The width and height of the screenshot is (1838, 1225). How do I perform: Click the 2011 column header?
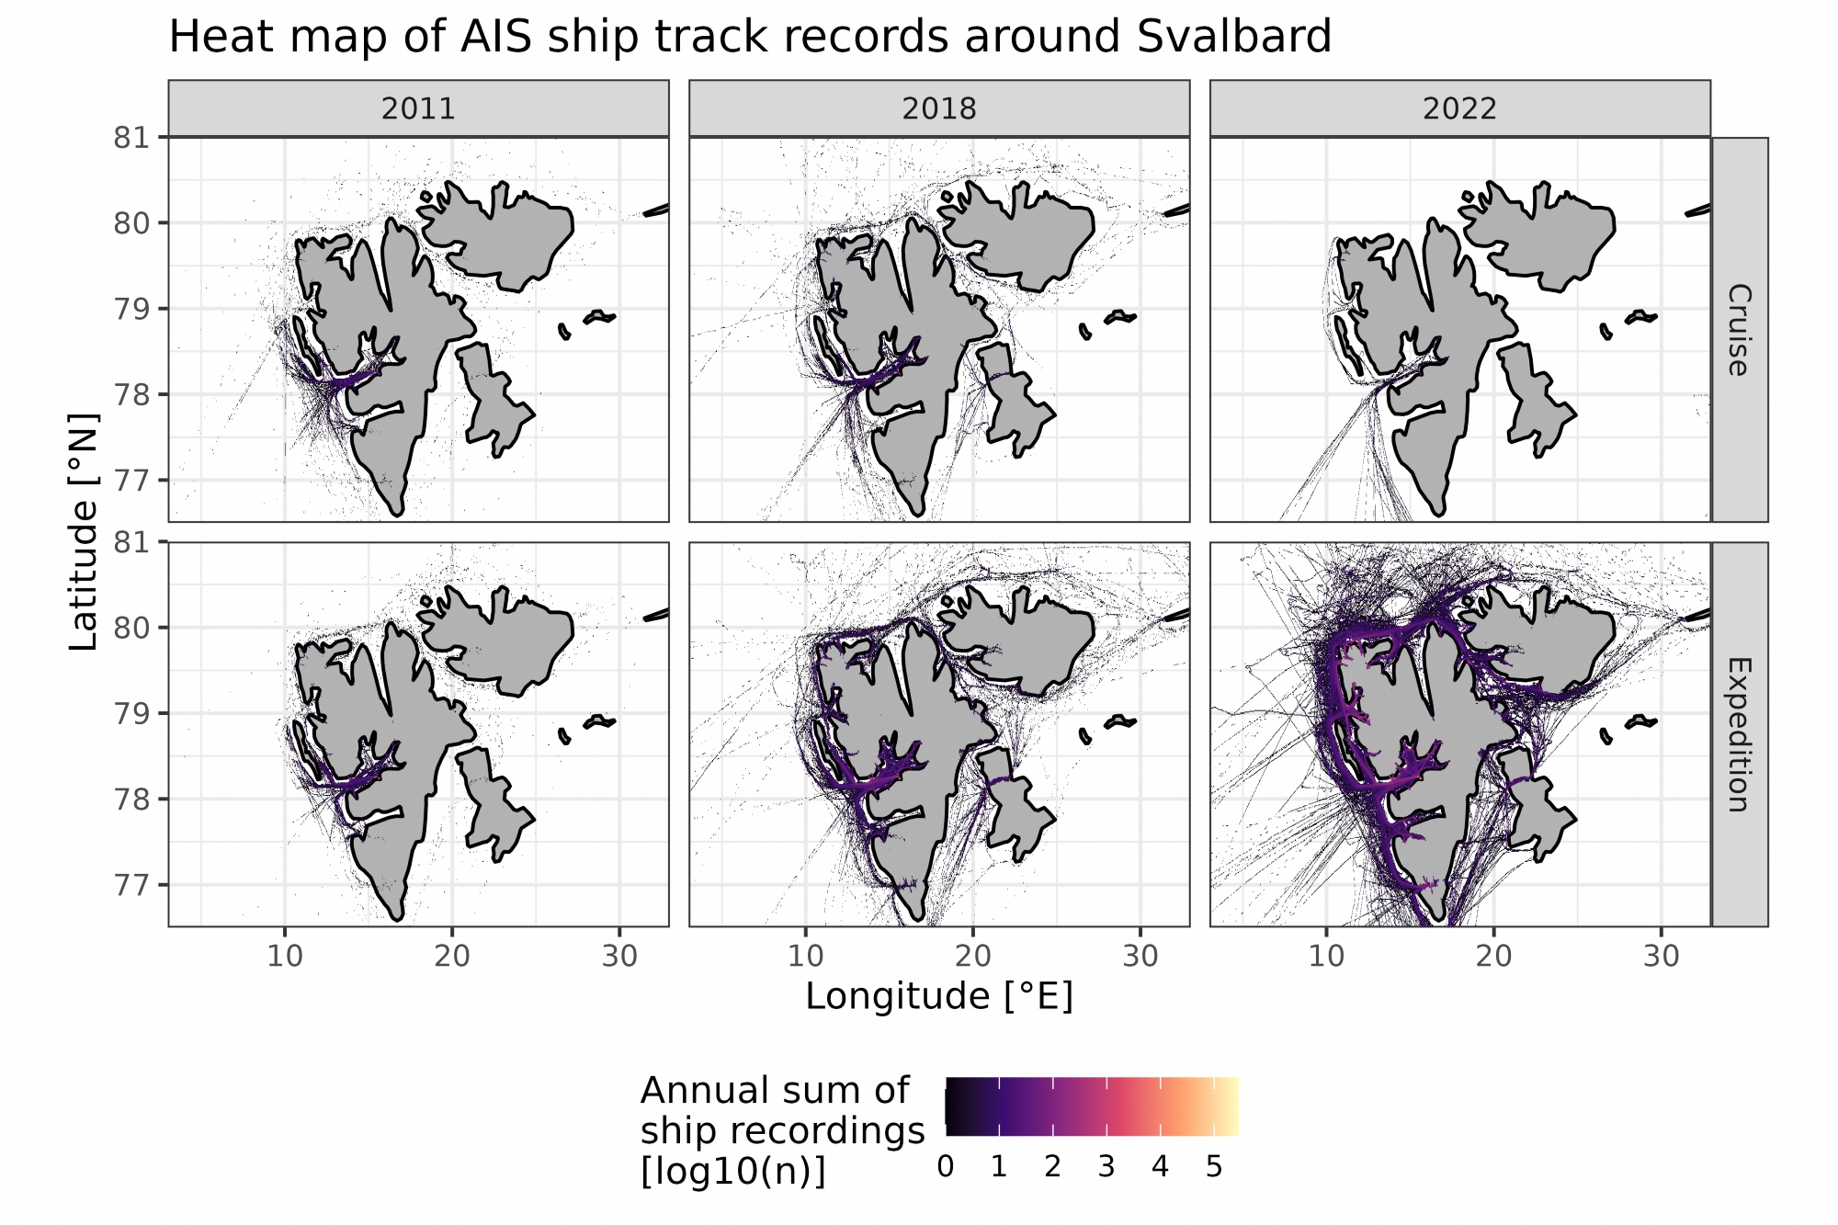pyautogui.click(x=418, y=108)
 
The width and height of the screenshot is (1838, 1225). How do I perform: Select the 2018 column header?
pyautogui.click(x=938, y=108)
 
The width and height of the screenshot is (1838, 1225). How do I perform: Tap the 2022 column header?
pyautogui.click(x=1459, y=108)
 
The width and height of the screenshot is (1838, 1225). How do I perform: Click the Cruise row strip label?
pyautogui.click(x=1739, y=330)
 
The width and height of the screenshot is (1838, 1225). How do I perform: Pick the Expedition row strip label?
pyautogui.click(x=1739, y=734)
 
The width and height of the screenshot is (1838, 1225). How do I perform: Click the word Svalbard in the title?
pyautogui.click(x=1233, y=37)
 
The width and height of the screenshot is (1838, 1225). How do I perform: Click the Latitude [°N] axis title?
pyautogui.click(x=84, y=531)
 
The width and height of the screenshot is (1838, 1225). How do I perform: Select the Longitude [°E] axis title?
pyautogui.click(x=938, y=996)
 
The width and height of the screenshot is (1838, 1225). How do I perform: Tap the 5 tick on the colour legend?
pyautogui.click(x=1213, y=1167)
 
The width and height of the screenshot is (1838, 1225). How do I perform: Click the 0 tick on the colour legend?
pyautogui.click(x=945, y=1167)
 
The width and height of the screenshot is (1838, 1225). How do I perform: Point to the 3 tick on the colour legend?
pyautogui.click(x=1106, y=1167)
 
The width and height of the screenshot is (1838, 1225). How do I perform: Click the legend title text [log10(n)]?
pyautogui.click(x=732, y=1171)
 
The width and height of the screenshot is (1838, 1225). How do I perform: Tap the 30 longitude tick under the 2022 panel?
pyautogui.click(x=1661, y=957)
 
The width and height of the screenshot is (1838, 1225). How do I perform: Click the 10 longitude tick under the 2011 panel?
pyautogui.click(x=285, y=957)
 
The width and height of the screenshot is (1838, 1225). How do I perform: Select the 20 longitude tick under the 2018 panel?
pyautogui.click(x=972, y=957)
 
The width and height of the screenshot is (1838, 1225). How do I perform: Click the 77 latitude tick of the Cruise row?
pyautogui.click(x=131, y=481)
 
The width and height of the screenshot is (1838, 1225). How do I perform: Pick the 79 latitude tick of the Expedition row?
pyautogui.click(x=131, y=713)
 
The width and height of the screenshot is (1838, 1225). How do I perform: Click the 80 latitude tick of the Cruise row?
pyautogui.click(x=131, y=223)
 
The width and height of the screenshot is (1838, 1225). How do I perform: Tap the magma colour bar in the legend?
pyautogui.click(x=1092, y=1106)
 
